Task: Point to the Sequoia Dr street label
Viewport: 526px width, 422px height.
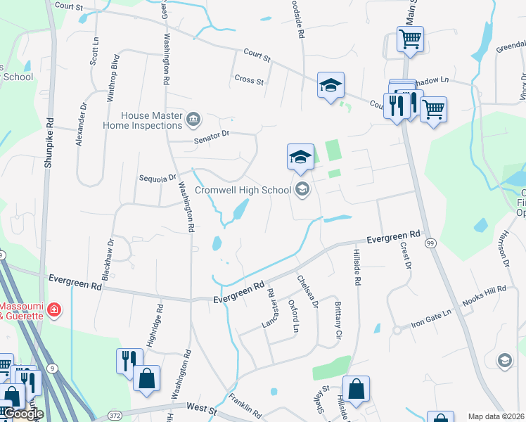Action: coord(156,178)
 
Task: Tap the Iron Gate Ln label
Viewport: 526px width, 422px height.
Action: coord(431,318)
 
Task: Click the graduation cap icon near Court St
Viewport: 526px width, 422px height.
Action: coord(331,85)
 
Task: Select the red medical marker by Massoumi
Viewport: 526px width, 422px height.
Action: coord(56,309)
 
